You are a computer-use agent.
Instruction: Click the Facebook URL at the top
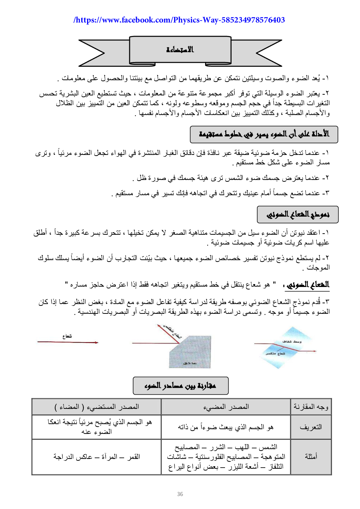[179, 20]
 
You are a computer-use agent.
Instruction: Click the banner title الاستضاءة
[180, 49]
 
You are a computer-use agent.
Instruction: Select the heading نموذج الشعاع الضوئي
[298, 214]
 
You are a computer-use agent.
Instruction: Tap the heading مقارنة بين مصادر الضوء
[180, 385]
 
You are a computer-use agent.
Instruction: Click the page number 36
[180, 494]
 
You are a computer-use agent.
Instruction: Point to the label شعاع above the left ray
[67, 336]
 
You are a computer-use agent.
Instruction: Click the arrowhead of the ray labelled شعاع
[97, 342]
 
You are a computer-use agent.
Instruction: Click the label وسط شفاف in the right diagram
[292, 342]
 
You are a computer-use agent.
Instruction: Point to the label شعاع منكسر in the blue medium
[275, 353]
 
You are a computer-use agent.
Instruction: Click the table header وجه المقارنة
[311, 407]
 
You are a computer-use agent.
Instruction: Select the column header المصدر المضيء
[226, 407]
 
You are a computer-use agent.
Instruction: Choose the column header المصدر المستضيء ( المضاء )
[97, 407]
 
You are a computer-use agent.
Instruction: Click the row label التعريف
[311, 427]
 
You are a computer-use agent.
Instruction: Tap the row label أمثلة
[311, 456]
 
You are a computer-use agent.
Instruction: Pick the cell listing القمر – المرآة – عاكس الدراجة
[97, 456]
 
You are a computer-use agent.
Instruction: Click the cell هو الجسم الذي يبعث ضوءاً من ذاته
[226, 427]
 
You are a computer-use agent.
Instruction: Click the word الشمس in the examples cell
[269, 447]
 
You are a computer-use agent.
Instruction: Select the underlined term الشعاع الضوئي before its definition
[308, 284]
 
